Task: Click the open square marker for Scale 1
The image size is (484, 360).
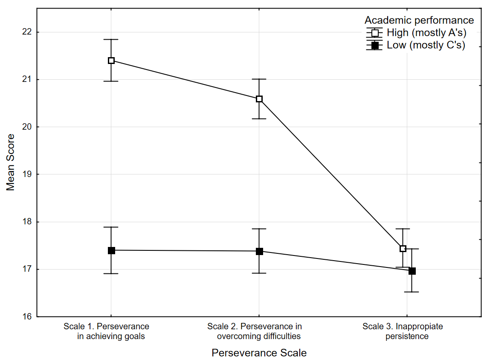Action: (111, 61)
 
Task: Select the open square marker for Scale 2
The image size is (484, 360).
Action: (259, 99)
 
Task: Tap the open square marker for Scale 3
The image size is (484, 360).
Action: (403, 249)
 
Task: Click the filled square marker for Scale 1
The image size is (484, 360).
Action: (111, 250)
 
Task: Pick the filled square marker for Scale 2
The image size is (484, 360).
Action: (259, 251)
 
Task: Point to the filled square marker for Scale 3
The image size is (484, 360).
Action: (412, 271)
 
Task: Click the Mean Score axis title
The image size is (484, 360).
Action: (10, 162)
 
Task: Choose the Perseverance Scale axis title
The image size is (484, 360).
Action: (259, 353)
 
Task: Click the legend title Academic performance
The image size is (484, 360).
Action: (419, 20)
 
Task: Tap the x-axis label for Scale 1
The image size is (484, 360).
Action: (107, 331)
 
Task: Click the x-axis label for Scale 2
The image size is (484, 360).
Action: (255, 331)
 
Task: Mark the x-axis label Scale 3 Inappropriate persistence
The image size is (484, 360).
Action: (403, 331)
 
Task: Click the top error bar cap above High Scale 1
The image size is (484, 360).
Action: (111, 40)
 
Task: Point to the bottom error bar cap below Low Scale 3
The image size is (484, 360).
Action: (412, 292)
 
